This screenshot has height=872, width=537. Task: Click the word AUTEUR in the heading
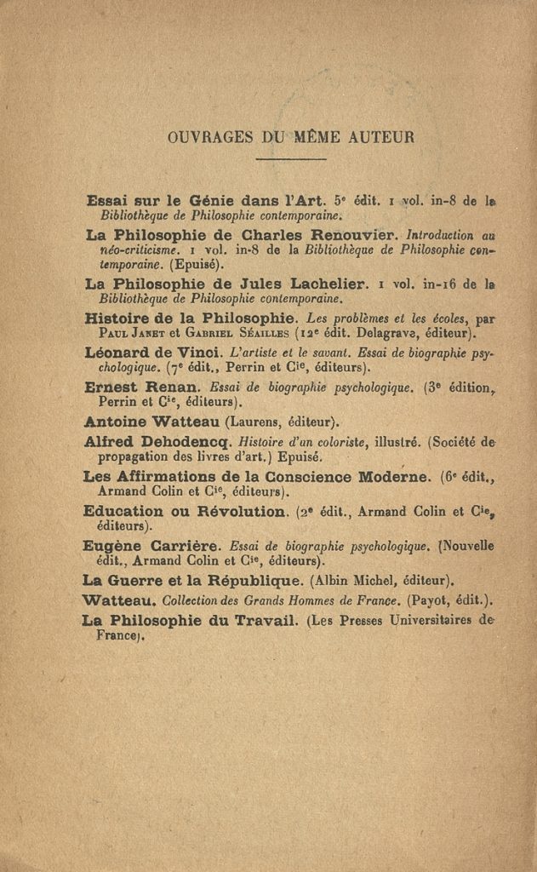381,136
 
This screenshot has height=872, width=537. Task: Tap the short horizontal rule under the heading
290,159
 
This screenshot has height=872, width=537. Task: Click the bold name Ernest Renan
142,386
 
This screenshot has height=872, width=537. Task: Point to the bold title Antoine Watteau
152,420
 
